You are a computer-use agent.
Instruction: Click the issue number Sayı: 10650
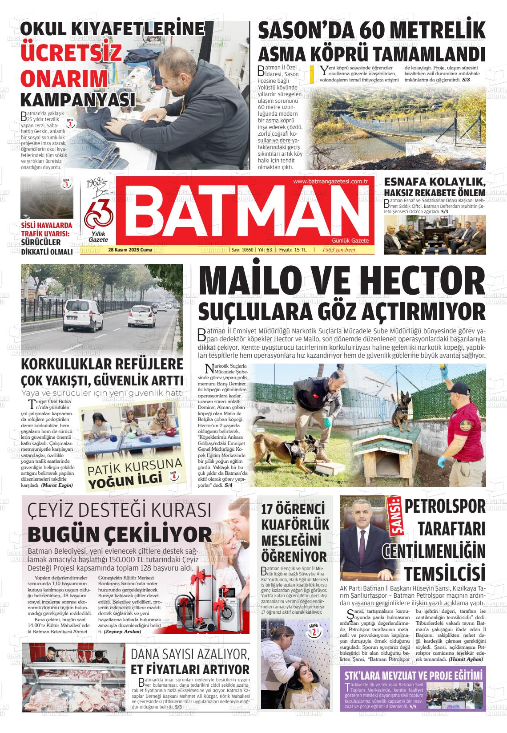pyautogui.click(x=242, y=250)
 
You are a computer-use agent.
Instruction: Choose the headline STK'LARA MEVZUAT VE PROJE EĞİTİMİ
pyautogui.click(x=412, y=675)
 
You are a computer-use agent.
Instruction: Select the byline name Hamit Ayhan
pyautogui.click(x=466, y=659)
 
